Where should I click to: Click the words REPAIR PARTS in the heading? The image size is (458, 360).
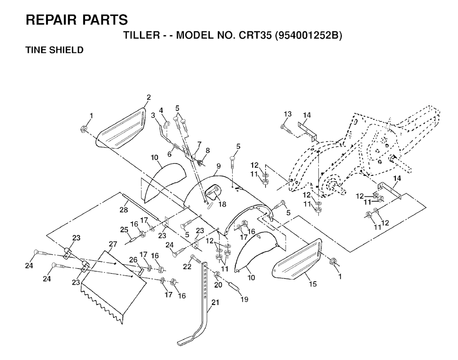(77, 20)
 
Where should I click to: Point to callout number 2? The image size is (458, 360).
(148, 97)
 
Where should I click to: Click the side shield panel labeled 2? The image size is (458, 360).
(122, 127)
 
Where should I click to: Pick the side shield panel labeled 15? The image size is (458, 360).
(297, 259)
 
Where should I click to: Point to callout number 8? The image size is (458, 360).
(207, 150)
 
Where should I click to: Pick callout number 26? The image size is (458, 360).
(133, 259)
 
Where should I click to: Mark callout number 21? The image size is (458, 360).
(215, 303)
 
